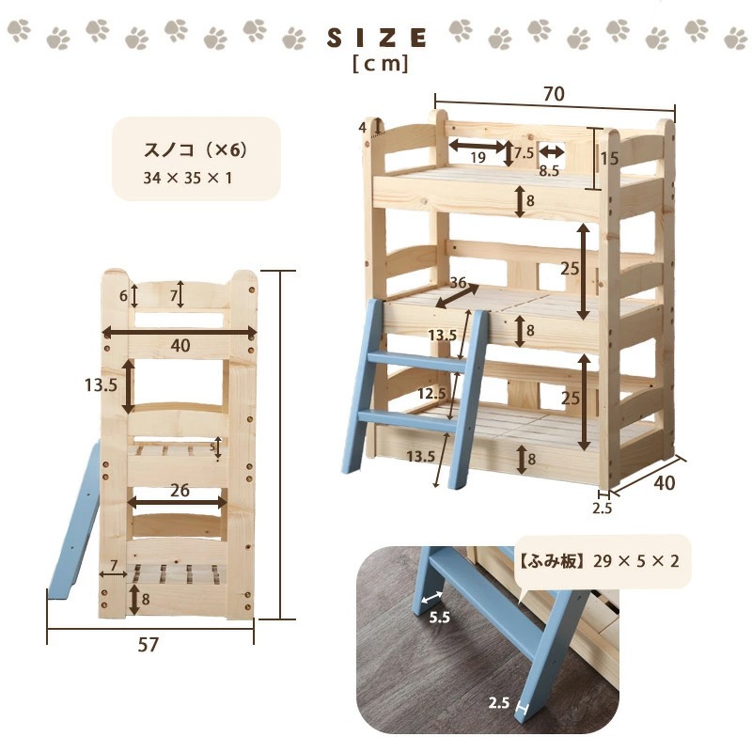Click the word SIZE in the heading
[377, 38]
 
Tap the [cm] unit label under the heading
[381, 64]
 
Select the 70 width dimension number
[554, 94]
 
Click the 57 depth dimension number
[148, 645]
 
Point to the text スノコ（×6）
[196, 150]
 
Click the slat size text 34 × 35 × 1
[187, 179]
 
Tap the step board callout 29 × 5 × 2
[636, 560]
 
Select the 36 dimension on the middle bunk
[459, 283]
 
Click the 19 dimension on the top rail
[478, 157]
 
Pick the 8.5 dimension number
[549, 170]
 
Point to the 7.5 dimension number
[525, 153]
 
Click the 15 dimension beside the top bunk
[609, 158]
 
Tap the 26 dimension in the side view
[180, 490]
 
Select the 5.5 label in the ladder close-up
[439, 618]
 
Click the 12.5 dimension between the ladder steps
[431, 394]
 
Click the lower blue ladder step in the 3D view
[407, 418]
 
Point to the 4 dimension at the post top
[363, 127]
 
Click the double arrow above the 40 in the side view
[180, 332]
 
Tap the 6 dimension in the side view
[123, 296]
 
